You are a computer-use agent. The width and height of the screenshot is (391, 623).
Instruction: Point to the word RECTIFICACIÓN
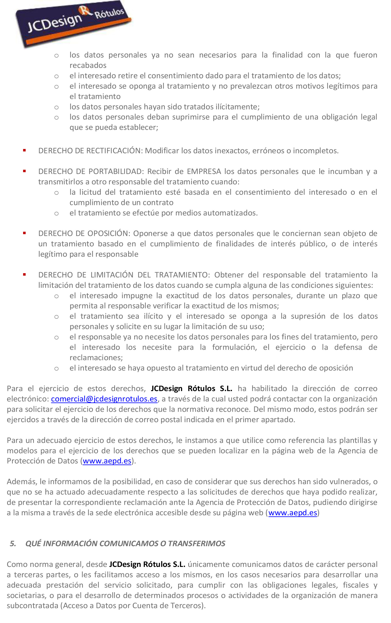click(114, 151)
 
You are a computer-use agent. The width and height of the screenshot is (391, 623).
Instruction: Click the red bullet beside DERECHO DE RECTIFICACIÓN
click(24, 150)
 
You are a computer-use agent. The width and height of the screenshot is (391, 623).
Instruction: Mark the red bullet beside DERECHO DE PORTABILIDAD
click(24, 171)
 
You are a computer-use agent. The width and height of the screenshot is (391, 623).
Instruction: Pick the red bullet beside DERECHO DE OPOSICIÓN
click(24, 233)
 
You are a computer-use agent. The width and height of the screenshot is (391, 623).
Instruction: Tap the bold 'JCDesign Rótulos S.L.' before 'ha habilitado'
click(191, 388)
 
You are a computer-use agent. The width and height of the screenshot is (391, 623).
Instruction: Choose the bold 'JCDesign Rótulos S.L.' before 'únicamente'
click(147, 564)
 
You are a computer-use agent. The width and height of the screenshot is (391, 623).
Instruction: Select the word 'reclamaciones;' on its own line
click(96, 358)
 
